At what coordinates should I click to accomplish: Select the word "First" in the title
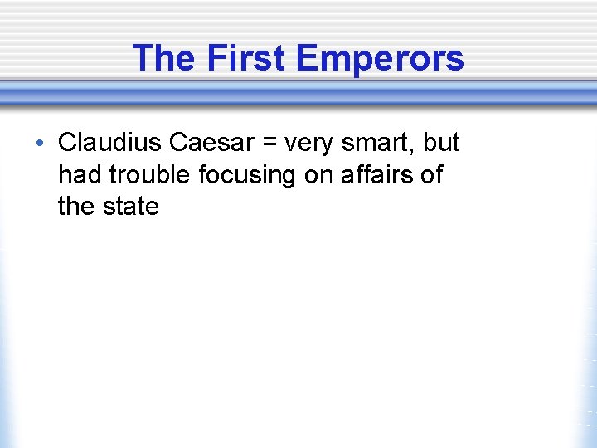pyautogui.click(x=245, y=59)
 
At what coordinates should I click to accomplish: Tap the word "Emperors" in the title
pyautogui.click(x=379, y=59)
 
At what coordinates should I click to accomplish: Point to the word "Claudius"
pyautogui.click(x=109, y=143)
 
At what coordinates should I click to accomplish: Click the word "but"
pyautogui.click(x=440, y=143)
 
